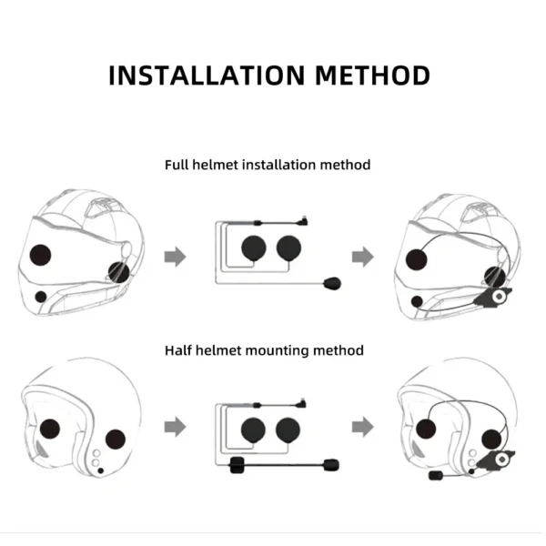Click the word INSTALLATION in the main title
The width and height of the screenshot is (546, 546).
tap(207, 76)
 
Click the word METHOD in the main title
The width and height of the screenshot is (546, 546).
tap(372, 76)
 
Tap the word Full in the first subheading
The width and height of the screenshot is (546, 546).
tap(177, 165)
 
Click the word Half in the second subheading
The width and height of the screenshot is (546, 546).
tap(178, 350)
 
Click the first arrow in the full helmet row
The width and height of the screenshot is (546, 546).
tap(175, 257)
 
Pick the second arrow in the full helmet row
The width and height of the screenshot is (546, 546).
tap(363, 257)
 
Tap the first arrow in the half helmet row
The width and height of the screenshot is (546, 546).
tap(175, 427)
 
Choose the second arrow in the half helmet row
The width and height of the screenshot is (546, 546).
tap(363, 427)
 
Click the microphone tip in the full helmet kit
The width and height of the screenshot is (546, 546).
tap(332, 283)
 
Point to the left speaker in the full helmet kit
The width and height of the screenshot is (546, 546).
tap(254, 248)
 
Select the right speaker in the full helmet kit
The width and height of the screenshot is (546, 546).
tap(288, 248)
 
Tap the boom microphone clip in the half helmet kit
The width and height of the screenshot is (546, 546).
tap(238, 465)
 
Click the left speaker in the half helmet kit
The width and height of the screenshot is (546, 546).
tap(253, 430)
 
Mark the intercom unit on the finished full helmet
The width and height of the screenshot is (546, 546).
tap(495, 297)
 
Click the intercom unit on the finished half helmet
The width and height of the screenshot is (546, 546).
tap(497, 460)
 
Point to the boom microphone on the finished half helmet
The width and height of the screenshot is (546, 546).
tap(436, 475)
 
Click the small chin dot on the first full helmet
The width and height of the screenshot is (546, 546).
tap(41, 297)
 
